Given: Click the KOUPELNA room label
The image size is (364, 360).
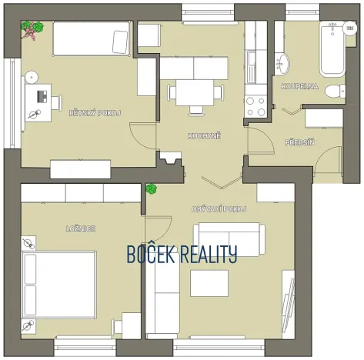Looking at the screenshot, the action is point(300,86).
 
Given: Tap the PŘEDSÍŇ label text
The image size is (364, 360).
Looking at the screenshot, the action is point(300,142).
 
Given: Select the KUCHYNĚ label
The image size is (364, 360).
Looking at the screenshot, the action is point(204,136).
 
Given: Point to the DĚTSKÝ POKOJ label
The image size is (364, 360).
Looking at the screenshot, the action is point(95,113).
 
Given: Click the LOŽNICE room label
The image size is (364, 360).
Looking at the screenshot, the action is point(81,228).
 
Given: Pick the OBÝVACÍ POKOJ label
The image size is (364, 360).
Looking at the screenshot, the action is point(219,209).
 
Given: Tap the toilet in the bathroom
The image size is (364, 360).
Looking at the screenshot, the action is point(336,91).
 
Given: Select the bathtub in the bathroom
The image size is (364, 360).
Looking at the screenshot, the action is point(332,49).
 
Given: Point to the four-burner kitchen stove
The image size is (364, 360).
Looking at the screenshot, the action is point(255,106).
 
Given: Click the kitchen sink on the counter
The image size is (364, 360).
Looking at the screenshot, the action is point(252,67).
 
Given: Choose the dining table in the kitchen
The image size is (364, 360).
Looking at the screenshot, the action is point(195,92).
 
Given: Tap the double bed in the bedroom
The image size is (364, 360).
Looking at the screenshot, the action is point(59,285).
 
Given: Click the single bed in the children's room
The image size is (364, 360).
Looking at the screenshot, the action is point(92,38).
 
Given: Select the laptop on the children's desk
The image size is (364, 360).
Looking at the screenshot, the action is point(42,97).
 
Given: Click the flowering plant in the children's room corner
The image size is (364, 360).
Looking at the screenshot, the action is point(32,30).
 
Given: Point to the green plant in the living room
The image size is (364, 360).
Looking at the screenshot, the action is point(152,188).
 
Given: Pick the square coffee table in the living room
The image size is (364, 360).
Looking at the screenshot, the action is point(209,283).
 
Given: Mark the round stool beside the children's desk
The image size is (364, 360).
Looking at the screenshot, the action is point(32,77).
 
